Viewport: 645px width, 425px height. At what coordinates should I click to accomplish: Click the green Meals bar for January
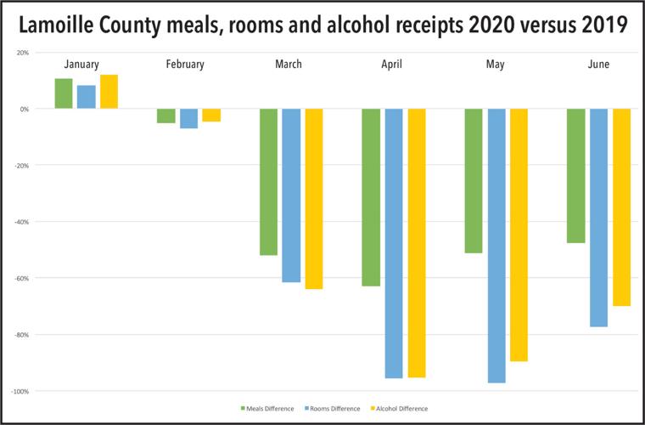click(64, 93)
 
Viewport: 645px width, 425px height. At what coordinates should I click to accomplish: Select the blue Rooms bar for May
click(496, 246)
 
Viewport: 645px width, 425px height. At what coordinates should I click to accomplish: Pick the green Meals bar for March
click(268, 182)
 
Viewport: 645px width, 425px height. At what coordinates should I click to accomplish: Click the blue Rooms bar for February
click(188, 118)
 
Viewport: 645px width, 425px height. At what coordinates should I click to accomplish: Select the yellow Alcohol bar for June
click(622, 207)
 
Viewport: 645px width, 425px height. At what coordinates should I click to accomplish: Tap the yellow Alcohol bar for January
click(109, 92)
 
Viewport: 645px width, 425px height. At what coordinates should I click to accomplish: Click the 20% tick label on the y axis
click(23, 53)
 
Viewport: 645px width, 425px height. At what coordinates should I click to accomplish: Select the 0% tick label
click(25, 109)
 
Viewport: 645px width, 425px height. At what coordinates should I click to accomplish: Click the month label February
click(185, 65)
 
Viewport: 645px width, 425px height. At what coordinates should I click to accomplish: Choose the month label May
click(495, 65)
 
